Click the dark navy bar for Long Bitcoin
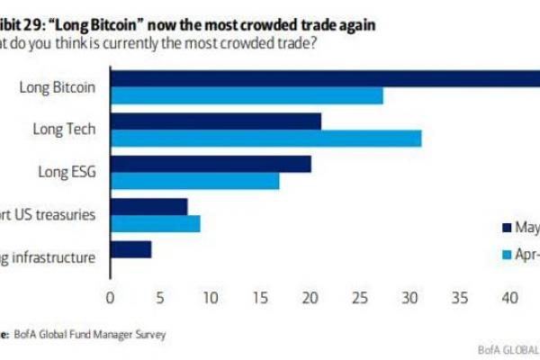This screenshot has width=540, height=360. [324, 77]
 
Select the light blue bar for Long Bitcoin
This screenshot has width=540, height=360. [247, 94]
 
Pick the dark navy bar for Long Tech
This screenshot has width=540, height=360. [216, 121]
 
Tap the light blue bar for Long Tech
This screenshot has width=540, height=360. [265, 137]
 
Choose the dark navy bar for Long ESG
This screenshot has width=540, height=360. [211, 163]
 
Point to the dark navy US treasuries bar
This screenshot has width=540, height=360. [148, 206]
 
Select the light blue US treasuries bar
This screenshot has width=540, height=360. [155, 222]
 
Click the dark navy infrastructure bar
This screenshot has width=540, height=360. [130, 248]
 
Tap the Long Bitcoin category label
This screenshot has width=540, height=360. [58, 86]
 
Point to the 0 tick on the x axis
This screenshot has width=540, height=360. [111, 297]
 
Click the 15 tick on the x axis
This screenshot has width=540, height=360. [260, 297]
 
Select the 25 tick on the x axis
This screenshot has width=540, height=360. [360, 297]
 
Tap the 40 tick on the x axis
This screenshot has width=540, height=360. [509, 297]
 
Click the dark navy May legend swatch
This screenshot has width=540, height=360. [506, 227]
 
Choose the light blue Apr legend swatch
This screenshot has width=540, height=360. [506, 256]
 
